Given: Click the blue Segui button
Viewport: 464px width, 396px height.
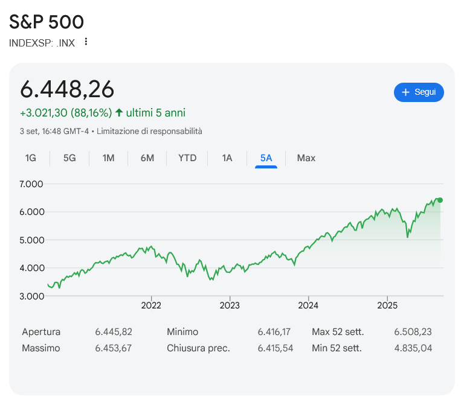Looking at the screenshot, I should (419, 92).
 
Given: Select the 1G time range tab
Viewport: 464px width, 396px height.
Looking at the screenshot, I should (31, 158).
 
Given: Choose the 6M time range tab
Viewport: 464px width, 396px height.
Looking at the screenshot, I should (147, 158).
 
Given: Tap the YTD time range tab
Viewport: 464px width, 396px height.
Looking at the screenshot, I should (187, 158).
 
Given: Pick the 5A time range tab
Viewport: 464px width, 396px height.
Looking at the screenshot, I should (266, 158).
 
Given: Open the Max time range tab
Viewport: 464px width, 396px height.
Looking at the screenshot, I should (306, 158).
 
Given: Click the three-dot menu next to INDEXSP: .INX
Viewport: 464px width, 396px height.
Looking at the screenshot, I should (86, 42).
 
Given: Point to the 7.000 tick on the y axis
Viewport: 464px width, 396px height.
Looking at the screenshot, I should (31, 184).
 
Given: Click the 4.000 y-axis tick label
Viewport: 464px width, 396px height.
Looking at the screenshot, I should (31, 268).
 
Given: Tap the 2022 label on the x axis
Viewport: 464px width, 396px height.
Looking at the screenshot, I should (151, 305).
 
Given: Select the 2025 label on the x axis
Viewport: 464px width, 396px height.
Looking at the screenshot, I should (387, 305).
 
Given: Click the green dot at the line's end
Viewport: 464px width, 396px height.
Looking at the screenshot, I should (440, 200).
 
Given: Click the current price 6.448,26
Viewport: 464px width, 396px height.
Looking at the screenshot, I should (67, 89).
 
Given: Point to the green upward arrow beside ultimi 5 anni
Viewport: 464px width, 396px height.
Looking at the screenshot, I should (119, 113).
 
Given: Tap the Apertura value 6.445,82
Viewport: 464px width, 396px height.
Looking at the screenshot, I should (114, 331).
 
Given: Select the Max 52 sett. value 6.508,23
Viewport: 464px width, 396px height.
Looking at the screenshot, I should (413, 331).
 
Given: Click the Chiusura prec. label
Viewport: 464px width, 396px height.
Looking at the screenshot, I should (198, 348).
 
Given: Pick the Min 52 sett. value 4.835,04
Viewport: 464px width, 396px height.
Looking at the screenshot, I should (413, 348).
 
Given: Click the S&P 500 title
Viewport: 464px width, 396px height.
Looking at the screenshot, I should (47, 22).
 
